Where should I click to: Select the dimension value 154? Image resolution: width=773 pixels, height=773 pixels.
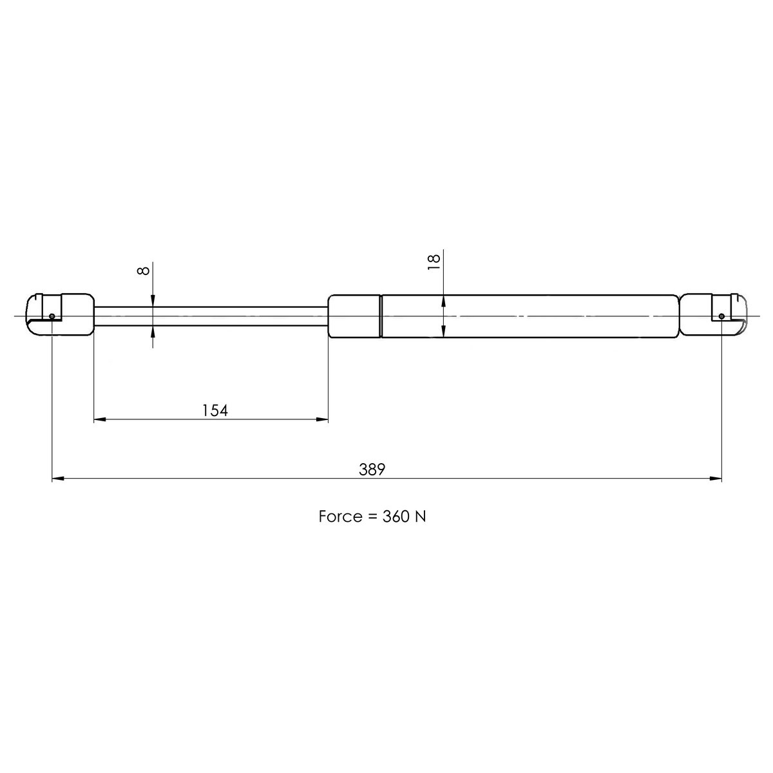click(215, 410)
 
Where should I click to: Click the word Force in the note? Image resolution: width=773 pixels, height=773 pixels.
click(339, 517)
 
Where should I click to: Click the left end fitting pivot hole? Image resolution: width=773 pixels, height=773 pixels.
click(52, 316)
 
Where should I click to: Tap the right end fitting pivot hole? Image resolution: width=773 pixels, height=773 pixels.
click(721, 316)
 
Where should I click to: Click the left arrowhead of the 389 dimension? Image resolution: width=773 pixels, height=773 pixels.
click(57, 479)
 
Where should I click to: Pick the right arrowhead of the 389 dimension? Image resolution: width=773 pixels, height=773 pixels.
click(716, 479)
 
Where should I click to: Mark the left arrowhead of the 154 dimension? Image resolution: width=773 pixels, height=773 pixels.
click(100, 420)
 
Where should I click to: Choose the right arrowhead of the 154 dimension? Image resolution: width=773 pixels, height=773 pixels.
click(323, 420)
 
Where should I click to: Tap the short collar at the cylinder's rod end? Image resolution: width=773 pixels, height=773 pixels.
click(354, 316)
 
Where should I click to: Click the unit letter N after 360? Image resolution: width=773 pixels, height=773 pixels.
click(419, 517)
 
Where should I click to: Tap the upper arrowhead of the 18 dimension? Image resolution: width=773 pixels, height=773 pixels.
click(444, 300)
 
